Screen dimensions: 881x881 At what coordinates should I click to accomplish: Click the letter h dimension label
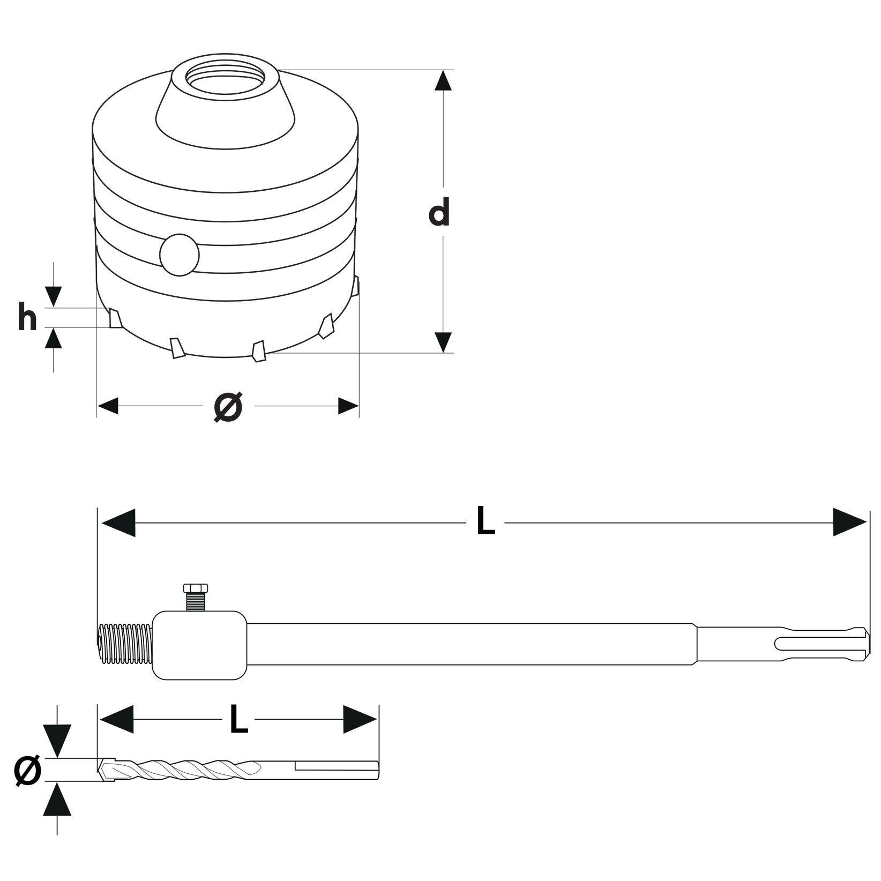[27, 317]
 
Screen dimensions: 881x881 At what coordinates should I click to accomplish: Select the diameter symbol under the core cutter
[228, 406]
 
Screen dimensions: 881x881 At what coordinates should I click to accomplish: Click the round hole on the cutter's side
[180, 255]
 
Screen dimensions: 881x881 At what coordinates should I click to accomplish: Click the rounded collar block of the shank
[199, 645]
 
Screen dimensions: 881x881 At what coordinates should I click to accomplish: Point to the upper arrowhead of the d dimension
[443, 80]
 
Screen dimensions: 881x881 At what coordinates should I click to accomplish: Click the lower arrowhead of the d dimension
[443, 342]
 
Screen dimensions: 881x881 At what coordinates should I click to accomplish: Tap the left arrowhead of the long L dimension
[118, 522]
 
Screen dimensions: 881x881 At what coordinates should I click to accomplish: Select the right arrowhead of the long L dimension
[849, 522]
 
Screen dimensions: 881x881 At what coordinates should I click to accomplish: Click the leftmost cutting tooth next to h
[115, 318]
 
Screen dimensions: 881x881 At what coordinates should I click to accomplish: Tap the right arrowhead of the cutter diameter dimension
[348, 406]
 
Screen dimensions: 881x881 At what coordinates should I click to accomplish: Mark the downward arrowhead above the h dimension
[53, 296]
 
